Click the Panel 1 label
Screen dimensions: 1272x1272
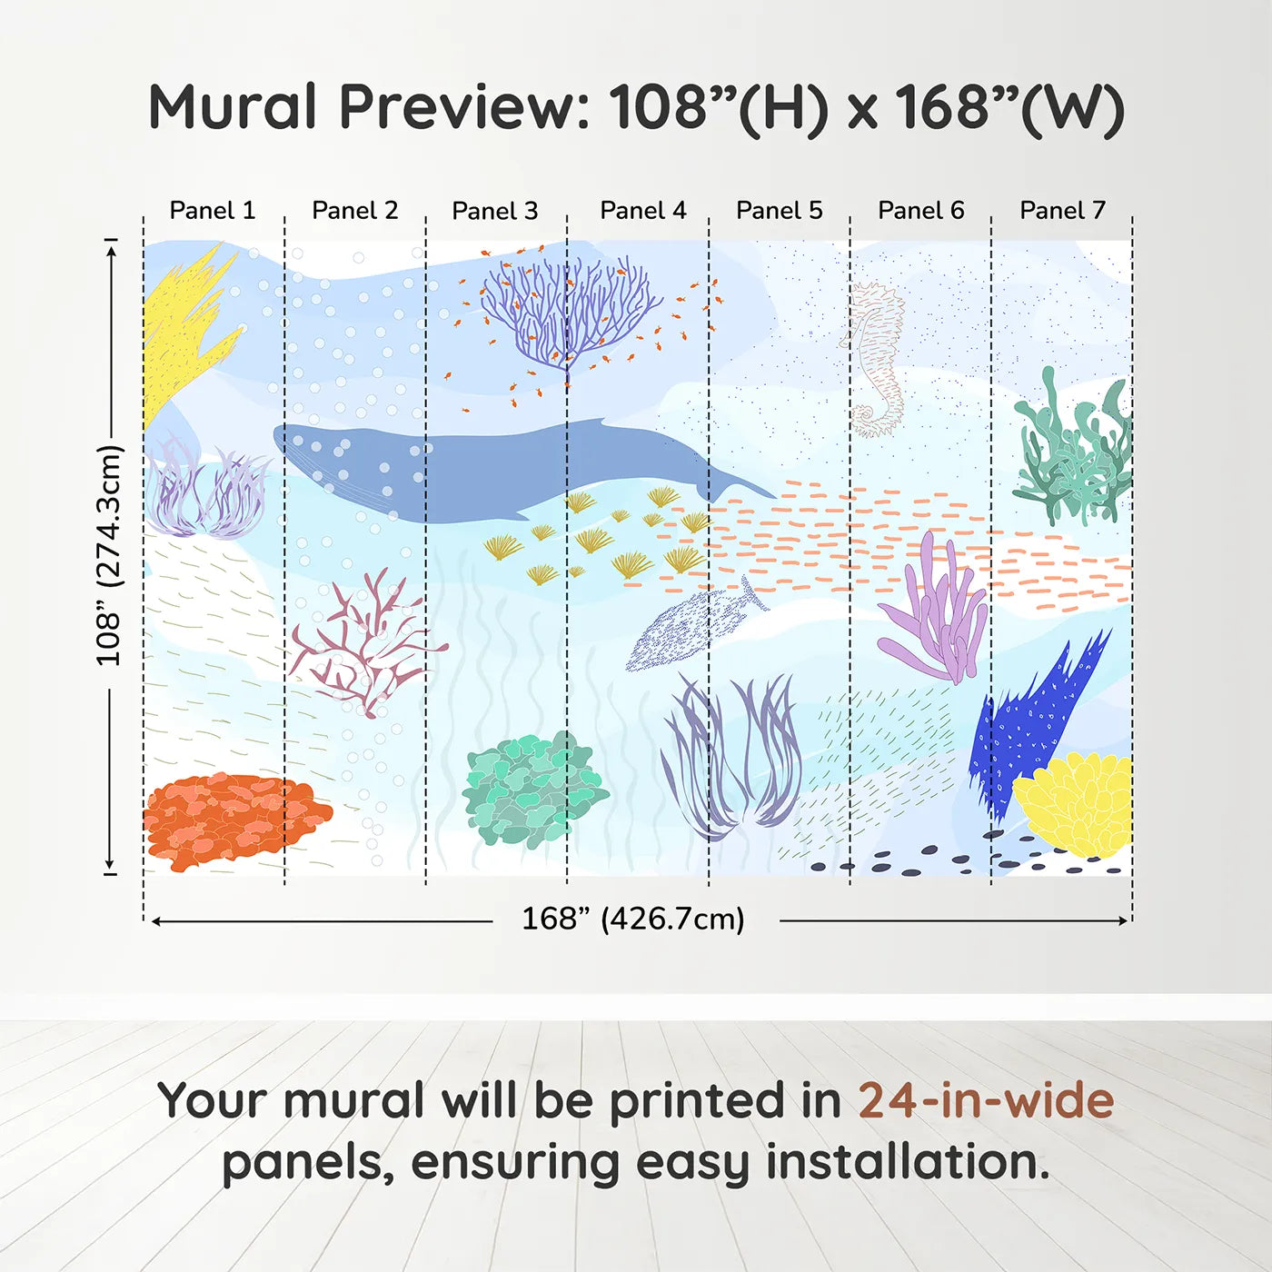tap(213, 211)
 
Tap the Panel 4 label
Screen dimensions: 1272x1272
tap(642, 211)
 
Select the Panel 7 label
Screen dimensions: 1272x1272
tap(1062, 211)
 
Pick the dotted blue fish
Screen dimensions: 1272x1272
tap(691, 627)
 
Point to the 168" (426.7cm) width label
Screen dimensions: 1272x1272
tap(633, 919)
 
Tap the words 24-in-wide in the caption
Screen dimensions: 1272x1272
tap(986, 1101)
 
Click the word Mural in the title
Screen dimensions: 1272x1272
tap(233, 107)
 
